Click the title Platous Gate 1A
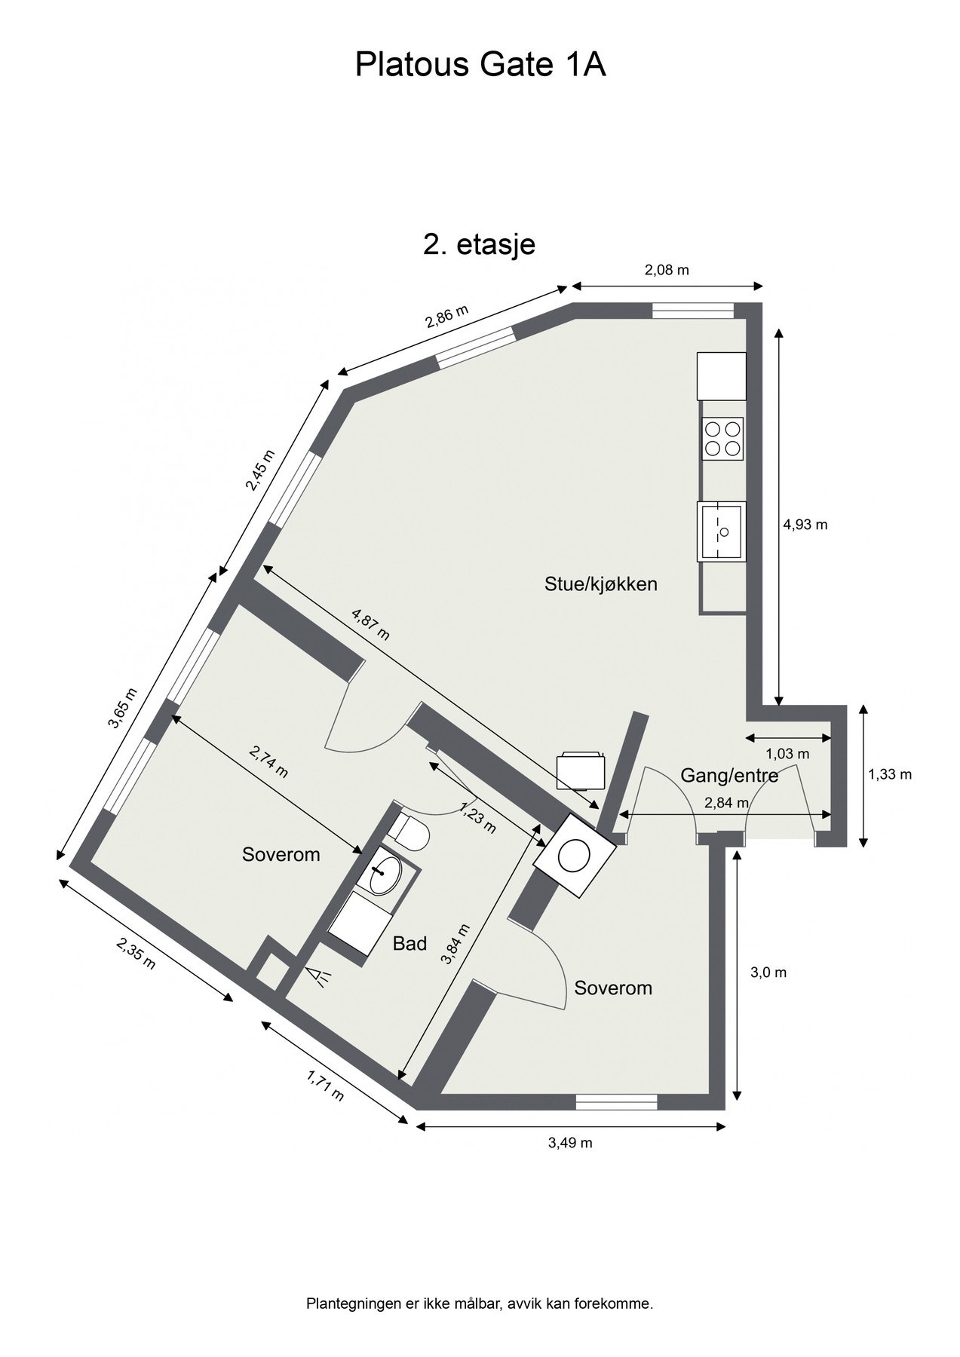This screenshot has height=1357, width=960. pos(480,66)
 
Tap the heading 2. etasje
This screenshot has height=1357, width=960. pos(479,244)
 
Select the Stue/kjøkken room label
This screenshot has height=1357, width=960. pos(601,584)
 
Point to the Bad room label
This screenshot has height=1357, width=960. pos(409,943)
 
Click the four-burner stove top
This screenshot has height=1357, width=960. pos(722,438)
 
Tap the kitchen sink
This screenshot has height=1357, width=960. pos(722,531)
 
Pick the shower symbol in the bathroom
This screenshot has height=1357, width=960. pos(323,977)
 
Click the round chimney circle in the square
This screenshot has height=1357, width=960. pos(575,854)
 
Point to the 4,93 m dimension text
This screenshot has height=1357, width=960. pos(805,525)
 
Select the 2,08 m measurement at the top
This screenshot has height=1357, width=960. pos(667,270)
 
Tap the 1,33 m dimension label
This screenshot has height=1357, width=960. pos(890,773)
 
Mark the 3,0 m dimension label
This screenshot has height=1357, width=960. pos(768,973)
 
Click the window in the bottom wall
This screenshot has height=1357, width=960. pos(617,1101)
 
